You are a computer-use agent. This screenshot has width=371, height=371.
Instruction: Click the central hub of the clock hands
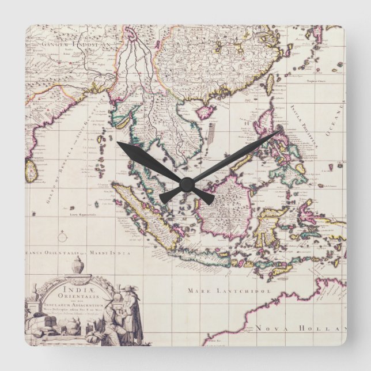pos(185,184)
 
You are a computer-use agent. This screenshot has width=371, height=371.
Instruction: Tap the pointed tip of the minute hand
pos(281,132)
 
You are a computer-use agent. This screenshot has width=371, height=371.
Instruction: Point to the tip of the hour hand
pos(118,143)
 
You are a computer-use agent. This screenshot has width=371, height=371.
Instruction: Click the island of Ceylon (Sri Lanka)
pos(31,171)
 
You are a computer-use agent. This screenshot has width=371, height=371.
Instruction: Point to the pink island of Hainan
pos(206,111)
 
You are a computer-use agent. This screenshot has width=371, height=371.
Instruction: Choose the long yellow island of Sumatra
pos(144,216)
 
